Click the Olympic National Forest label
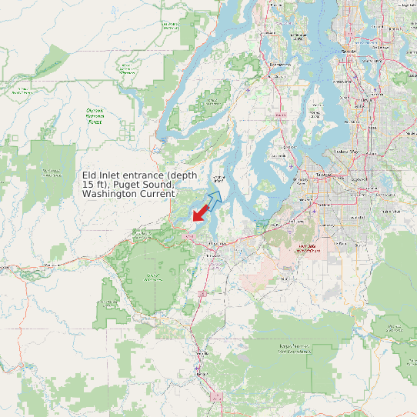(94, 115)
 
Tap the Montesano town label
(52, 265)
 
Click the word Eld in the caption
(90, 175)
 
